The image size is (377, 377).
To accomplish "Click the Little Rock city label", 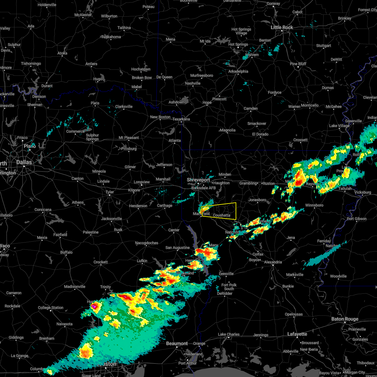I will tap(281, 28).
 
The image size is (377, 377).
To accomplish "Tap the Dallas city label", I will tap(24, 162).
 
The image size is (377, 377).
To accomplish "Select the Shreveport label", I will tap(198, 180).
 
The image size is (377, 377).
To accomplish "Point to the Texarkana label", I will tap(181, 119).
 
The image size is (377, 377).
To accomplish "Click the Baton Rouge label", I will tap(345, 319).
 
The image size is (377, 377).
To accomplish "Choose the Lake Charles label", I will tap(229, 334).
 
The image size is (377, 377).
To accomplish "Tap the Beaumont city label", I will tap(177, 343).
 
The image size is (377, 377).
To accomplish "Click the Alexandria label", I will tap(273, 262).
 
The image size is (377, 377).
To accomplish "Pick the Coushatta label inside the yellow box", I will tap(221, 215).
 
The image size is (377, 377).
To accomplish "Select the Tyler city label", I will tap(109, 192).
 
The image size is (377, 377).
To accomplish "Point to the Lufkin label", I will tap(142, 261).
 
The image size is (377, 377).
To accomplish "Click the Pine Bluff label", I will tap(298, 64).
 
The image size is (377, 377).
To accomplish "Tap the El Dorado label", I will tap(260, 134).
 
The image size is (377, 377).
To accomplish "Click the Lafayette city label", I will tap(297, 334).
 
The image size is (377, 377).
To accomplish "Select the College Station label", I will tap(51, 308).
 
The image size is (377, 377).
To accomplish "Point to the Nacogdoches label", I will tap(146, 243).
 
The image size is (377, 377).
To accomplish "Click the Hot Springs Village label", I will tap(241, 31).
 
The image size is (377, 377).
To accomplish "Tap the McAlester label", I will tap(83, 15).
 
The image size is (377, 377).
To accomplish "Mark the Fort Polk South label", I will tap(229, 287).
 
